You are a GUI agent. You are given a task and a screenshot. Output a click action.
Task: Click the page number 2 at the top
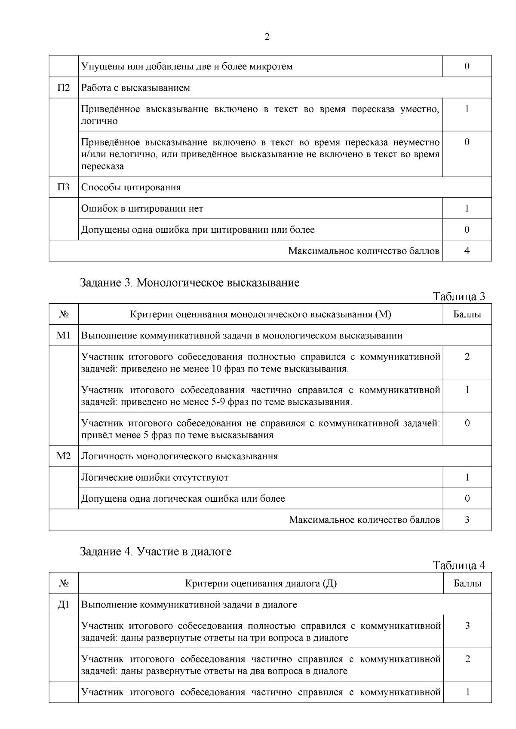coord(267,37)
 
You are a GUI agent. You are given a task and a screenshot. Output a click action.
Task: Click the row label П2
coord(64,88)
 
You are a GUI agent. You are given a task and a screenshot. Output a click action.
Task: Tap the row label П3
coord(64,187)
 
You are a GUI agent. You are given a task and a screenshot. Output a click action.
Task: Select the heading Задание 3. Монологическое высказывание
coord(190,283)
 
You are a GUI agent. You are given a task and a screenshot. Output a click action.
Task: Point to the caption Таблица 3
coord(459,296)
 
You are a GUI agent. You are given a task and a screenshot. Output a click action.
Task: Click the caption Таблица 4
coord(459,565)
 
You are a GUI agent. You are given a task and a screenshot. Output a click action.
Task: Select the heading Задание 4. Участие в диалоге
coord(156,552)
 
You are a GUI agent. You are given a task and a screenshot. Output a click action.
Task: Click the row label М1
coord(64,336)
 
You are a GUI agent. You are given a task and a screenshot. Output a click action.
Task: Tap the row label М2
coord(64,456)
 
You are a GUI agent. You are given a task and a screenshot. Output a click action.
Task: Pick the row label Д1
coord(64,605)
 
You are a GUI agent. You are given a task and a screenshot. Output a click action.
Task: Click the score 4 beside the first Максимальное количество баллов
coord(467,251)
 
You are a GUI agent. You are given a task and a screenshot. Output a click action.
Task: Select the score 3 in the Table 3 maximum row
coord(467,520)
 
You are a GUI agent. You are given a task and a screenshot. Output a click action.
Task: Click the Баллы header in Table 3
coord(467,314)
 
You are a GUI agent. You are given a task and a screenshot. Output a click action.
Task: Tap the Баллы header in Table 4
coord(467,583)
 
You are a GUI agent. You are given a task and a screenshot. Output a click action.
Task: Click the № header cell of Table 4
coord(64,583)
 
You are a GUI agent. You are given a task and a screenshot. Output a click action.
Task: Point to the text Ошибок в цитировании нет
coord(142,209)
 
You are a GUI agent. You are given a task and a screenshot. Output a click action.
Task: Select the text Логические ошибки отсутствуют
coord(155,478)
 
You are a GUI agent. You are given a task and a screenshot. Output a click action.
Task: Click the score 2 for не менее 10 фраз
coord(467,357)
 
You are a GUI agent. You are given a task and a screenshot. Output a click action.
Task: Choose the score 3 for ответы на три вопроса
coord(467,626)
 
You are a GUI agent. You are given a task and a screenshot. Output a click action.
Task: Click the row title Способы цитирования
coord(131,187)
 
